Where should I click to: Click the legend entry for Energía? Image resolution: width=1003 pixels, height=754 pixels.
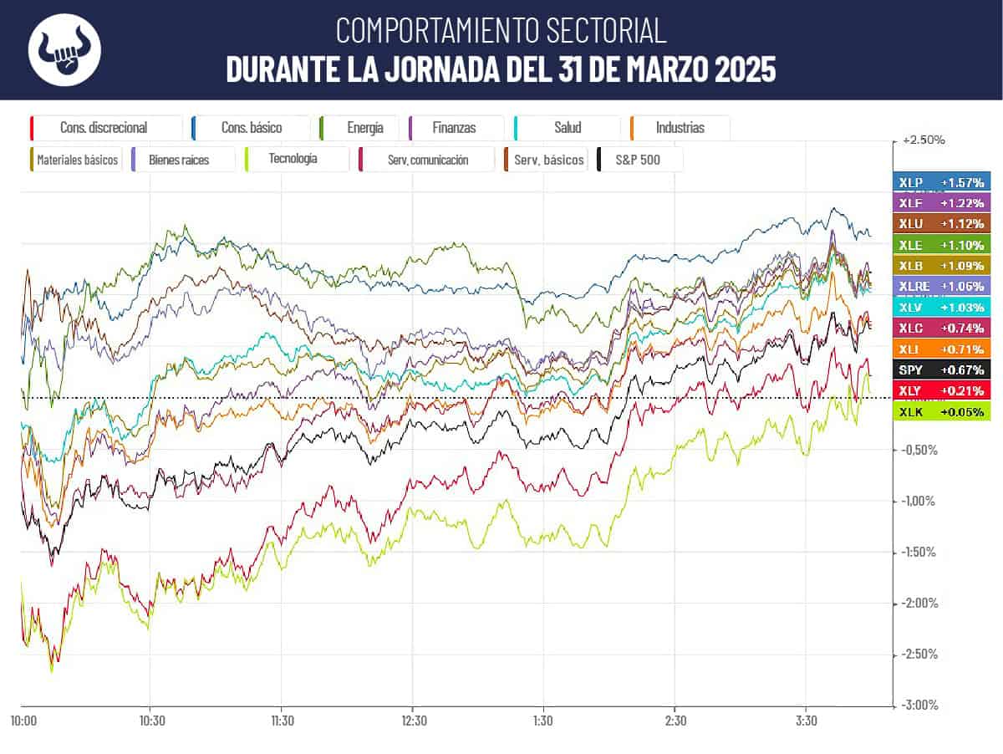[359, 128]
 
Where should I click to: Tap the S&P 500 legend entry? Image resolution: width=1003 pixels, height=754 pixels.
[640, 159]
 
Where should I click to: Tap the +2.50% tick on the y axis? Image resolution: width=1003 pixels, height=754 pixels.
[924, 140]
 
